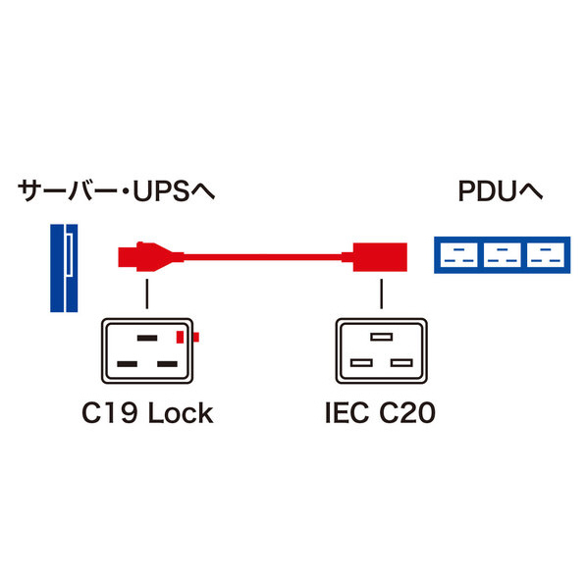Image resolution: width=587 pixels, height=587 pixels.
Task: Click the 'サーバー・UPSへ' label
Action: (x=116, y=191)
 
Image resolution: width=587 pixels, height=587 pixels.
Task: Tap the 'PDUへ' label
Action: (x=501, y=191)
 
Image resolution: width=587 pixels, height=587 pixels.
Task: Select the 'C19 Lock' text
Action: (x=147, y=413)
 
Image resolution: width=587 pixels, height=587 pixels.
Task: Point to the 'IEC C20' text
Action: (x=380, y=413)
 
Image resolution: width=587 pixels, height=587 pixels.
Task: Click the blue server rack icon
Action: (x=64, y=268)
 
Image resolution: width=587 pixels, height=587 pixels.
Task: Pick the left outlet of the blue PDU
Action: (x=458, y=255)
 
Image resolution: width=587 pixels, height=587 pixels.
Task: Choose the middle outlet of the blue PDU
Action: (x=502, y=255)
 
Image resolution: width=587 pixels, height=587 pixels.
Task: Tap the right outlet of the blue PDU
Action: (x=546, y=255)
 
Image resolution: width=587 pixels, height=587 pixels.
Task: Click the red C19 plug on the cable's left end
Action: (x=151, y=257)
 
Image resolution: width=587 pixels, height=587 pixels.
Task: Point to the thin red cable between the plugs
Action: (x=262, y=257)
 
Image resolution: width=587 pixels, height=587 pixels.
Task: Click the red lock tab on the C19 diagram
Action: (x=187, y=337)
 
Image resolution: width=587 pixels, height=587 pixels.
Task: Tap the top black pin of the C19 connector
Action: (x=147, y=338)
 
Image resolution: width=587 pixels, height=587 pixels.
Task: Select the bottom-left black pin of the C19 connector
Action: (x=127, y=364)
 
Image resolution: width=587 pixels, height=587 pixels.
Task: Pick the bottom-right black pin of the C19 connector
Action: (x=167, y=364)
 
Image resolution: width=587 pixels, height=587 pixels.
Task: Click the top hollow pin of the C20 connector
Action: (x=382, y=337)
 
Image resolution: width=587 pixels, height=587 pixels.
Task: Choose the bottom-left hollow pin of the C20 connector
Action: (x=361, y=363)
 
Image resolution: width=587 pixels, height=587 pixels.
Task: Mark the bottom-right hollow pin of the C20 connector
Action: (x=401, y=363)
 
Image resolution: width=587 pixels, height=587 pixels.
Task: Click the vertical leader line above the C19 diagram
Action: (x=147, y=293)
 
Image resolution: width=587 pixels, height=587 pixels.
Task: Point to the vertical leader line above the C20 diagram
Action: (x=382, y=293)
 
